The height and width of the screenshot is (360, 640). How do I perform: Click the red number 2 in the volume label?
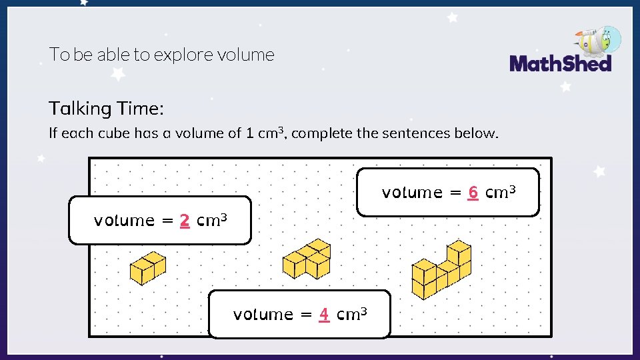coord(185,221)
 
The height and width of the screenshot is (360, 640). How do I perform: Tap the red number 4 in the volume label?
coord(324,314)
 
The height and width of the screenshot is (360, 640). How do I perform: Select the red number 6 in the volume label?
coord(473,193)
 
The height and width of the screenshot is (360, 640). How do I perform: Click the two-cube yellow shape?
coord(147,268)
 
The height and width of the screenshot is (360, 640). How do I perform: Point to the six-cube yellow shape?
coord(441,270)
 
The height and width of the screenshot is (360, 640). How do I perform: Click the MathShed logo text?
coord(560,64)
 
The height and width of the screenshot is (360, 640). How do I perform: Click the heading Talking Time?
coord(106,108)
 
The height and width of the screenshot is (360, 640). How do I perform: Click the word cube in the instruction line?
coord(114,133)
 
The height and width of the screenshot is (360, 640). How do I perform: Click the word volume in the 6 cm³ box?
coord(412,193)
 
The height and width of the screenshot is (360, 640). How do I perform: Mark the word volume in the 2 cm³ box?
coord(124,221)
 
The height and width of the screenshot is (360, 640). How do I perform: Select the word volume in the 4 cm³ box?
coord(263,314)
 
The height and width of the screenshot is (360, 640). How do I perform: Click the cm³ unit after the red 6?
coord(501,192)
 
